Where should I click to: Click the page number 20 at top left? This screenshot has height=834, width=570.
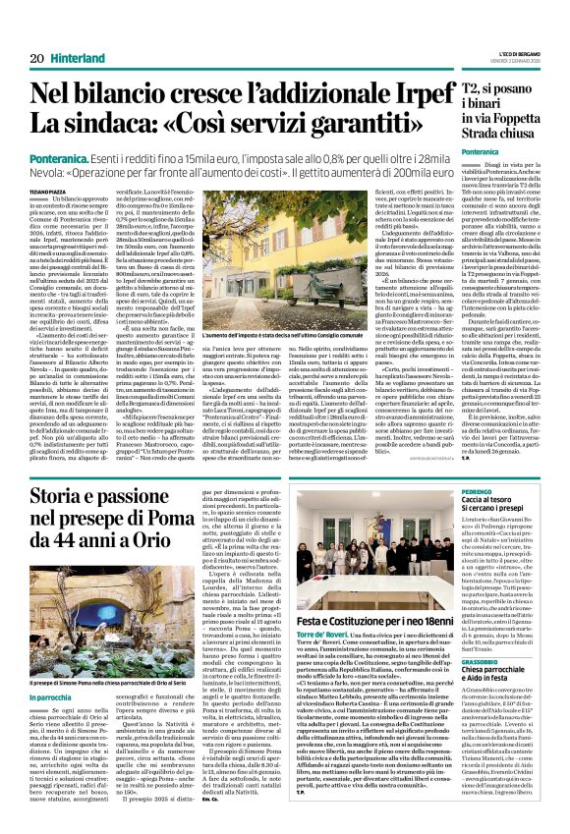pos(36,59)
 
